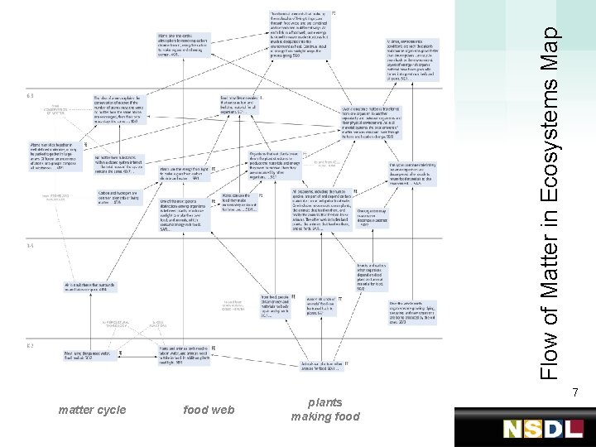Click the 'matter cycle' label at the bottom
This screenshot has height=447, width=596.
92,410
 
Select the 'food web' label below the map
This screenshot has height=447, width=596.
208,410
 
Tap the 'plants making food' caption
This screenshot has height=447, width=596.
324,410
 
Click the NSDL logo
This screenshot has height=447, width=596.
543,429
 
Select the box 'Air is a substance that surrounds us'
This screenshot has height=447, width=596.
90,287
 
